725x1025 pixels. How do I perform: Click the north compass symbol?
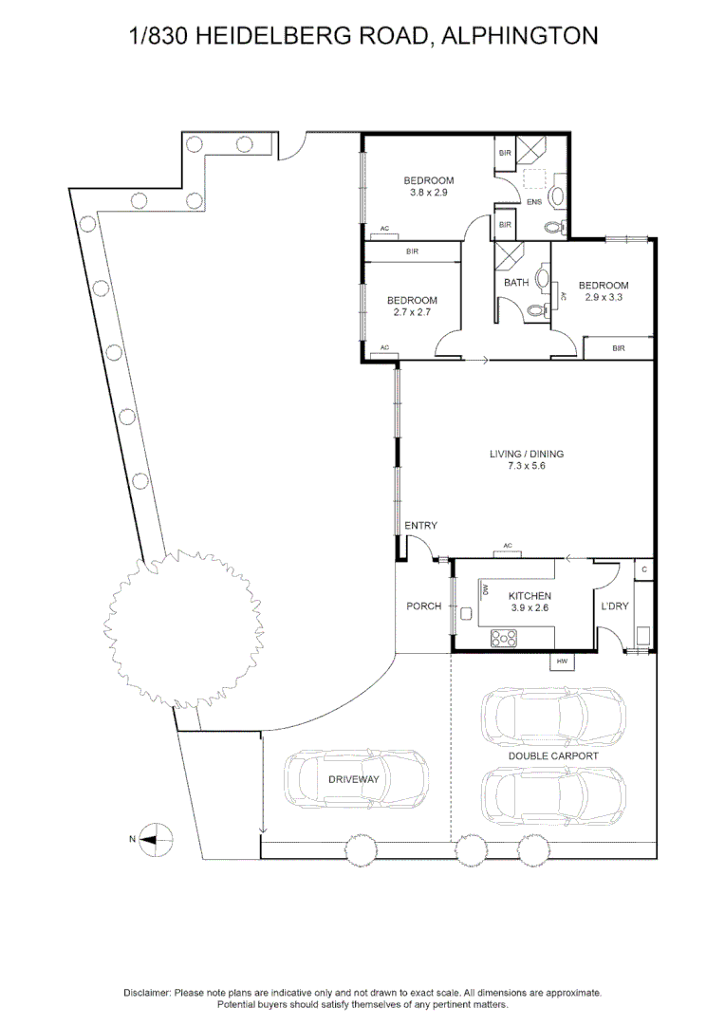pos(157,839)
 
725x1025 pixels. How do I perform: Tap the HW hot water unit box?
pos(562,662)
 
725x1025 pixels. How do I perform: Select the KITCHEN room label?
pos(530,596)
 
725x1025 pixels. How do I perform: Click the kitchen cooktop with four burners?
pos(503,638)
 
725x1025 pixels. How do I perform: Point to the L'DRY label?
pos(615,606)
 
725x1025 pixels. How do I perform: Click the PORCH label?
pos(423,606)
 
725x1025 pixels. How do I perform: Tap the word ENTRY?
pos(420,526)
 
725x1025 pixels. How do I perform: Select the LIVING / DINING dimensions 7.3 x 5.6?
pos(527,466)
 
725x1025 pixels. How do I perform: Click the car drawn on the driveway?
pos(357,779)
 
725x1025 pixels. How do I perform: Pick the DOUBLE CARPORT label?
pos(553,755)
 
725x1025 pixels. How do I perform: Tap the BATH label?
pos(516,283)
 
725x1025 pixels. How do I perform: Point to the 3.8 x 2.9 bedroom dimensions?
pos(429,193)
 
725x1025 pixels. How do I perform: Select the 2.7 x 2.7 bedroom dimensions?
pos(412,312)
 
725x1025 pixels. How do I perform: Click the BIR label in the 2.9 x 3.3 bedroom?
pos(619,348)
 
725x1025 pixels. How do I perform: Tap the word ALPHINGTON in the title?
pos(520,35)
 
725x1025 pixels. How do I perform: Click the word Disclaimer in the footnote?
pos(147,993)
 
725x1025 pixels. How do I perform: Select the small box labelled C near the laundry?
pos(644,569)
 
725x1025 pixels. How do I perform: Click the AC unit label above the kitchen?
pos(508,545)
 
